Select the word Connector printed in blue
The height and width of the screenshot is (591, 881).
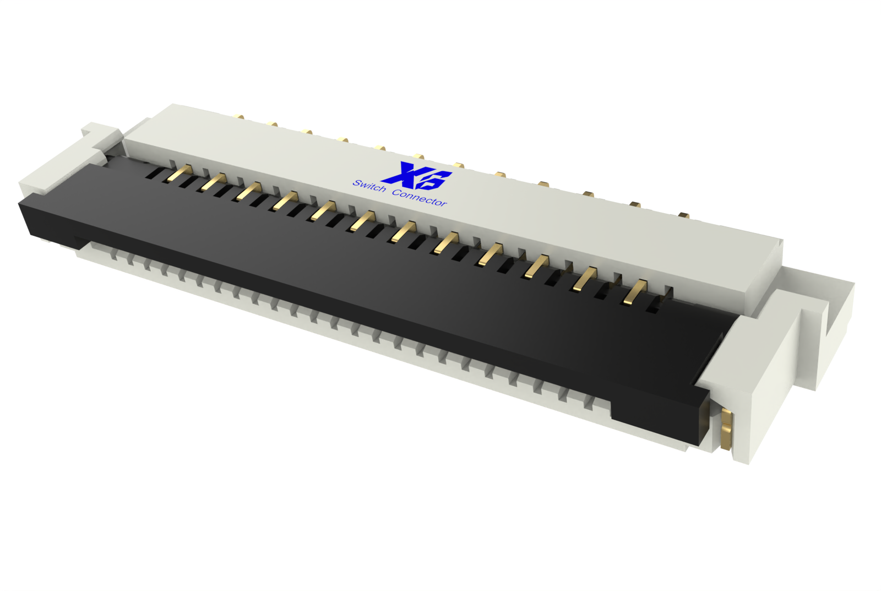point(420,198)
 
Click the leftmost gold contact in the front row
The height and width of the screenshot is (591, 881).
point(180,172)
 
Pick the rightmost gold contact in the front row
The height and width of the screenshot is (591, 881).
point(634,291)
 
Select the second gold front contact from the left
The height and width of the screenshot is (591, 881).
point(214,181)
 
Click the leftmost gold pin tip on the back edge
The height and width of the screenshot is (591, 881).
point(238,117)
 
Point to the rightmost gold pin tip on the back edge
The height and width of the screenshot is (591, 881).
point(683,215)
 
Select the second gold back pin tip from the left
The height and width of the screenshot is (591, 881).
point(272,124)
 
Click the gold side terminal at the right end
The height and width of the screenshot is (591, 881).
point(727,429)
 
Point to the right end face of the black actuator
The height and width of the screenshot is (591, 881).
point(703,416)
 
